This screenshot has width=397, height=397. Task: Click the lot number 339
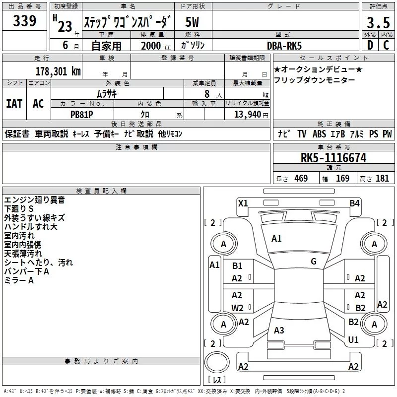coord(24,21)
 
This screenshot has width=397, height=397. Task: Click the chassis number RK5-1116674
coord(333,158)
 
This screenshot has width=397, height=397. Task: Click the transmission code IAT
coord(14,104)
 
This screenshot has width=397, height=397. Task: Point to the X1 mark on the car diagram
coord(243,203)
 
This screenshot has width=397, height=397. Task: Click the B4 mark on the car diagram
coord(354,203)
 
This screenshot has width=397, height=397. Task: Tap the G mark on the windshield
coord(313,262)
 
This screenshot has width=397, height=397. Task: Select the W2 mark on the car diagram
coord(237,308)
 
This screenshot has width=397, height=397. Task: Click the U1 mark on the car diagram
coord(353,340)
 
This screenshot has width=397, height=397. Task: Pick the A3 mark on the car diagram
coord(279,331)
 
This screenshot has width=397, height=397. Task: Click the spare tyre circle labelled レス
coord(217,365)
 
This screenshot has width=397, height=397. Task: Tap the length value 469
coord(301,179)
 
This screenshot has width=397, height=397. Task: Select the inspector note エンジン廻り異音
coord(34,200)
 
